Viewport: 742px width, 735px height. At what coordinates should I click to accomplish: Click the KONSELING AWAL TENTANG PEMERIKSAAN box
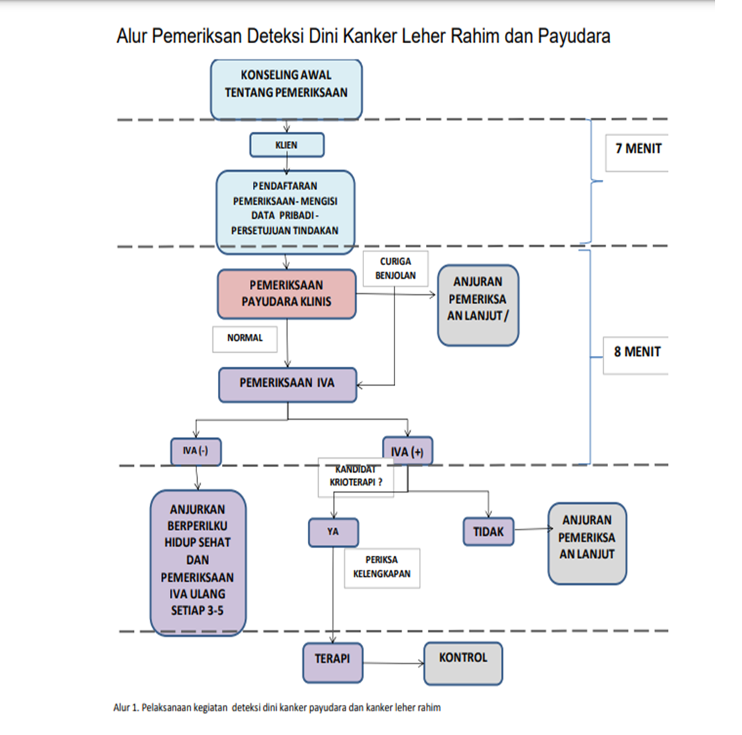click(286, 88)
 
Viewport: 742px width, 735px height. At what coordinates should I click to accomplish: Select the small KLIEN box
click(286, 145)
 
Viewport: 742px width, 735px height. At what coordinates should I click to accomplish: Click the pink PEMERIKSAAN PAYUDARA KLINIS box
click(287, 293)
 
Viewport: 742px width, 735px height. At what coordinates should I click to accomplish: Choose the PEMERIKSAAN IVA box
click(287, 384)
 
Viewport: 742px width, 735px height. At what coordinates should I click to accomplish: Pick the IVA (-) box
click(196, 451)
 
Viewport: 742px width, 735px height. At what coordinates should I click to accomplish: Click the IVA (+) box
click(407, 451)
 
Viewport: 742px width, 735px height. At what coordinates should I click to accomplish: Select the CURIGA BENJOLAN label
click(395, 269)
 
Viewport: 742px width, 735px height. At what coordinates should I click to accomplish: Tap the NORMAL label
click(245, 339)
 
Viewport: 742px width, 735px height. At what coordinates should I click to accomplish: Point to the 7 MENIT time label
click(638, 148)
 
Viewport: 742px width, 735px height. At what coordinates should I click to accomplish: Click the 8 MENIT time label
click(637, 352)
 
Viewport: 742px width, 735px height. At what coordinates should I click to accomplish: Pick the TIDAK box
click(488, 532)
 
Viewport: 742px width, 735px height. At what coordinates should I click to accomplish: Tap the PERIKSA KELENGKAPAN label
click(382, 567)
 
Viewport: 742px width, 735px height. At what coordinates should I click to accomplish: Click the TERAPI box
click(333, 658)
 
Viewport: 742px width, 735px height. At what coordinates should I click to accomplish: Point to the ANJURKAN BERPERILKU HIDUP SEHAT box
click(198, 563)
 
